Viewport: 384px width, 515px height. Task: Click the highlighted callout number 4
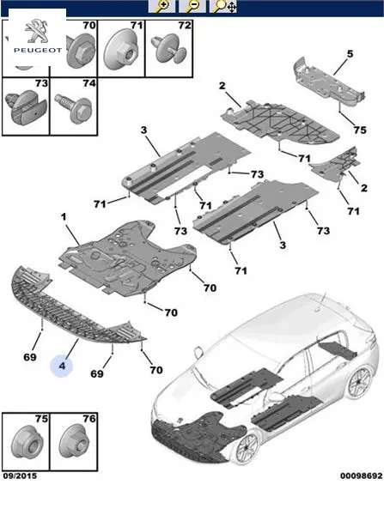[62, 366]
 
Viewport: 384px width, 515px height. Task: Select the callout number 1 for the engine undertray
[64, 217]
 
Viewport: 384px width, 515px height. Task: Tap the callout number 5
[350, 53]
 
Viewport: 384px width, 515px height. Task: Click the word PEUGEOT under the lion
[38, 51]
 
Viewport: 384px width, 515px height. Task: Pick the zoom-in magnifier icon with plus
[162, 7]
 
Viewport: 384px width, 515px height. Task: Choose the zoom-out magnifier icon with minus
[192, 7]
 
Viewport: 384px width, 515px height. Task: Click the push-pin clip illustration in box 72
[168, 50]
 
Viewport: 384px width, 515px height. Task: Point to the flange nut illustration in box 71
[121, 49]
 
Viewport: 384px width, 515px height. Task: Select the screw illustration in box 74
[73, 106]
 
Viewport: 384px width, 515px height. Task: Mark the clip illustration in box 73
[26, 107]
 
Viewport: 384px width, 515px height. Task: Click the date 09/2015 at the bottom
[20, 476]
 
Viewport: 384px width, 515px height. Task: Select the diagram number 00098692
[362, 476]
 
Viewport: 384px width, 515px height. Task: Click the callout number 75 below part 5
[360, 130]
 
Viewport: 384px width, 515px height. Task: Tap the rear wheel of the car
[358, 384]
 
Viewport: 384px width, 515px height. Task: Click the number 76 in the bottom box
[88, 419]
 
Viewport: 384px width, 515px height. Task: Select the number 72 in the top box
[185, 25]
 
